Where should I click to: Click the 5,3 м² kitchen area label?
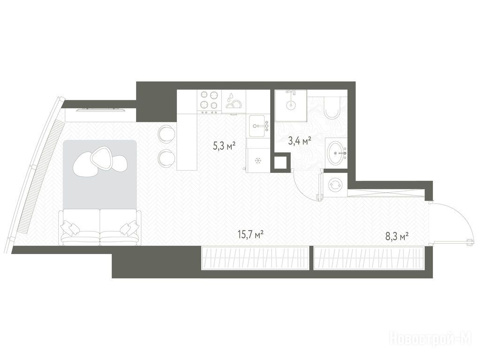(225, 147)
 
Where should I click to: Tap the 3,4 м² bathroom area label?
(300, 141)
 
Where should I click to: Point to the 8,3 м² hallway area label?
(397, 236)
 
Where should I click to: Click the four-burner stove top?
(209, 100)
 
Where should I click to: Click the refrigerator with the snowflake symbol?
(258, 160)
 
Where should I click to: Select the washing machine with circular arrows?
(335, 184)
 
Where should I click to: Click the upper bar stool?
(166, 134)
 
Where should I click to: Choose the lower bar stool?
(166, 158)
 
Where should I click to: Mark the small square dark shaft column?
(281, 162)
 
